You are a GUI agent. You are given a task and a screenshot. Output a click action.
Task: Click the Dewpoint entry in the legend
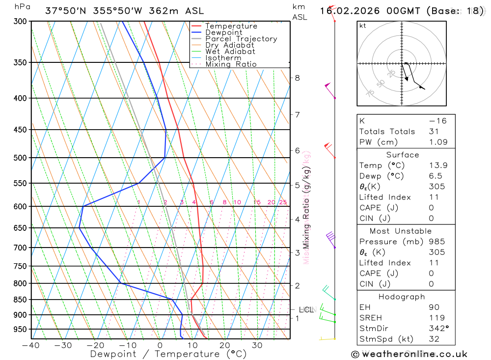pos(224,33)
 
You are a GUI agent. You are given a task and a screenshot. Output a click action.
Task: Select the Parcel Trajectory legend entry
pos(241,39)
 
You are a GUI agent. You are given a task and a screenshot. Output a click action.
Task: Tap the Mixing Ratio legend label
pos(231,64)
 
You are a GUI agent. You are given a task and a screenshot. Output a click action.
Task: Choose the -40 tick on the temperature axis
pos(31,345)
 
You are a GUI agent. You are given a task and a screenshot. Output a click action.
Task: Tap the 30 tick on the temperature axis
pos(257,345)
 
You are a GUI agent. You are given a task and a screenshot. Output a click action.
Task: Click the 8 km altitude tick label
pos(298,78)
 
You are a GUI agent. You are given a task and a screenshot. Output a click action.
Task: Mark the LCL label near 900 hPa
pos(306,309)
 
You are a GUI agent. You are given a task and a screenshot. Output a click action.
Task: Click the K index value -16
pos(437,121)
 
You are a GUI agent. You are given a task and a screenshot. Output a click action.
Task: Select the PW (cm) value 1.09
pos(438,142)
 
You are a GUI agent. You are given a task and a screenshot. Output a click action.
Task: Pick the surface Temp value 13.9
pos(438,166)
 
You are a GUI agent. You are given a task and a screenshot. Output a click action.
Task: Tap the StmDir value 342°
pos(436,329)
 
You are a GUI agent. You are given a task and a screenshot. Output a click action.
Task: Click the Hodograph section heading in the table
pos(402,297)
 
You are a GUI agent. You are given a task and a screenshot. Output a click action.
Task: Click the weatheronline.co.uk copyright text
pos(409,354)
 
